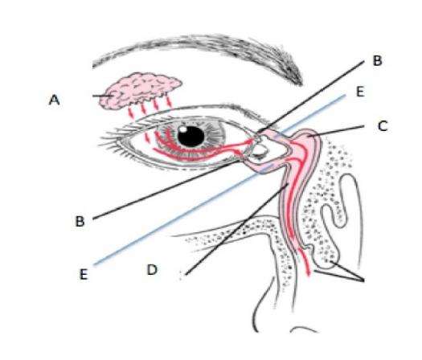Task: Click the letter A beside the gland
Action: click(x=54, y=100)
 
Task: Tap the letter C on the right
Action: click(x=383, y=126)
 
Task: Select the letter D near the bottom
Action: click(x=153, y=269)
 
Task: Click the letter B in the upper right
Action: click(x=377, y=61)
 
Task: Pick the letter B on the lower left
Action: click(x=80, y=222)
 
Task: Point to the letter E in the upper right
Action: click(x=360, y=92)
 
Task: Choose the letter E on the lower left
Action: click(x=84, y=275)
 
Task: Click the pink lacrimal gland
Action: click(x=139, y=90)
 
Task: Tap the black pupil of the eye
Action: click(x=191, y=137)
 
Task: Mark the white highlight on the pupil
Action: click(x=183, y=129)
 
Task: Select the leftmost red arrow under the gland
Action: click(x=130, y=112)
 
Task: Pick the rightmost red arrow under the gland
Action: click(x=169, y=102)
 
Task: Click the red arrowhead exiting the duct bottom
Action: click(x=309, y=273)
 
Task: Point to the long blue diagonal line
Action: click(x=219, y=180)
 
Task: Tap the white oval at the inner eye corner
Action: click(x=259, y=150)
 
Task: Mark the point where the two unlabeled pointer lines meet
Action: click(x=363, y=280)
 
